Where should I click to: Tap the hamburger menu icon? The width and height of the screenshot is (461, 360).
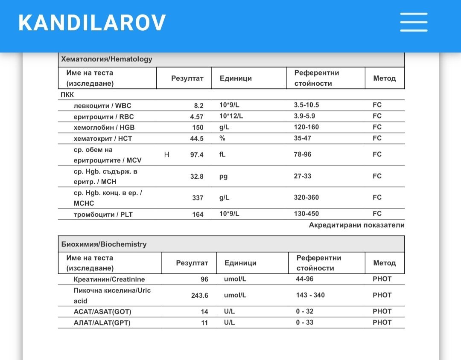(x=414, y=22)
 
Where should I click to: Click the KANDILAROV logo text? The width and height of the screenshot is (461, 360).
(x=92, y=23)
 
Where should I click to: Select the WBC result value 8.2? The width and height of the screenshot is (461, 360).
(x=199, y=106)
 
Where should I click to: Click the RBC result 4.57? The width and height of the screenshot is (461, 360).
(x=197, y=116)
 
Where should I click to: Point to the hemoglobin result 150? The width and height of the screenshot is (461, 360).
(x=198, y=128)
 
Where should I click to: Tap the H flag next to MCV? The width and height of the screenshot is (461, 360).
(x=167, y=154)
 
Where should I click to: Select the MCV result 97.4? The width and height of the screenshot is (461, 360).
(x=197, y=155)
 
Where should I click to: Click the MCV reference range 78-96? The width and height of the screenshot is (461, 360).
(x=303, y=154)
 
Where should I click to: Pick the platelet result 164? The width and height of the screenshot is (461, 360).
(x=198, y=215)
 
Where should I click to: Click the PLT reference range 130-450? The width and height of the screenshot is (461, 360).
(x=306, y=214)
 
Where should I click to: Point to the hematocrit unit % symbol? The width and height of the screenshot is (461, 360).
(x=222, y=138)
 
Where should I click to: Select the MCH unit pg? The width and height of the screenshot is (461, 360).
(x=223, y=176)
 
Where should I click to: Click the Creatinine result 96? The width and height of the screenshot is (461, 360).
(x=204, y=279)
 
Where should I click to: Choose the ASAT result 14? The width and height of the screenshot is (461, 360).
(x=204, y=312)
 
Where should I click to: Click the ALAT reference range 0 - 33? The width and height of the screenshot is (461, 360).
(x=305, y=322)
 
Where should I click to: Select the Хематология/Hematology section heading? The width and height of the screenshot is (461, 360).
(x=107, y=59)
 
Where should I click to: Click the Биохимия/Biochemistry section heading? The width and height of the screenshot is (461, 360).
(x=104, y=244)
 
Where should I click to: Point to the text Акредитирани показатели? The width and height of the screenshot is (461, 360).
(x=356, y=225)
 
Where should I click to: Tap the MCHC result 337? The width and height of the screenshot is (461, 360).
(x=198, y=198)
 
